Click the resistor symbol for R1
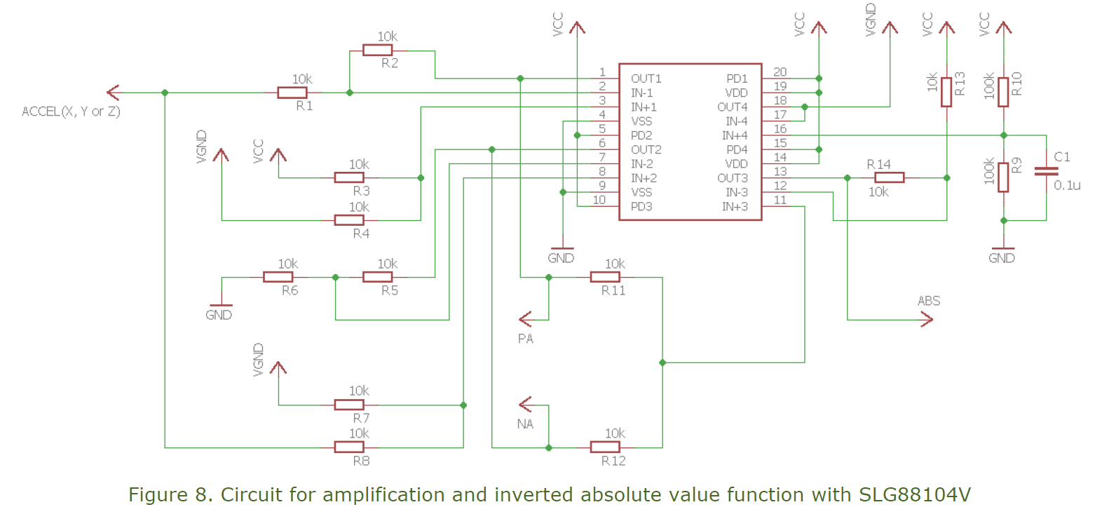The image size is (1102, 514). click(292, 93)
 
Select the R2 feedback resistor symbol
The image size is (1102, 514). click(377, 50)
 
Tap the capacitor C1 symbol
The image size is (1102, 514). click(1046, 170)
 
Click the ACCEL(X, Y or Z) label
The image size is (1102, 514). click(71, 111)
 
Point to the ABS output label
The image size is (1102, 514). click(929, 301)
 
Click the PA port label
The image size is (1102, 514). click(526, 339)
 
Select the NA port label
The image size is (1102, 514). click(525, 424)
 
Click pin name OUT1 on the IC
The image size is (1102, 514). click(646, 79)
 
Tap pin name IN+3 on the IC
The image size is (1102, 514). click(735, 207)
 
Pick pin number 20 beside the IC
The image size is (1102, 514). click(780, 72)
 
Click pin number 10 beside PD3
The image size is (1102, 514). click(599, 201)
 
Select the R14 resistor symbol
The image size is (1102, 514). click(889, 178)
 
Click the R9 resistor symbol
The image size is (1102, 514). click(1003, 177)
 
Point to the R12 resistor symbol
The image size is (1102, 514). click(604, 447)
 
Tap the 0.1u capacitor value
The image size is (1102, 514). click(1067, 186)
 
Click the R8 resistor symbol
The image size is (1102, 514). click(348, 447)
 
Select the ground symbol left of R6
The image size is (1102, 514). click(221, 306)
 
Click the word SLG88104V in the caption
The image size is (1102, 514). click(915, 495)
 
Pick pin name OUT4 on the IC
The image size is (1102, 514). click(732, 107)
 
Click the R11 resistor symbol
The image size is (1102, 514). click(604, 277)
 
